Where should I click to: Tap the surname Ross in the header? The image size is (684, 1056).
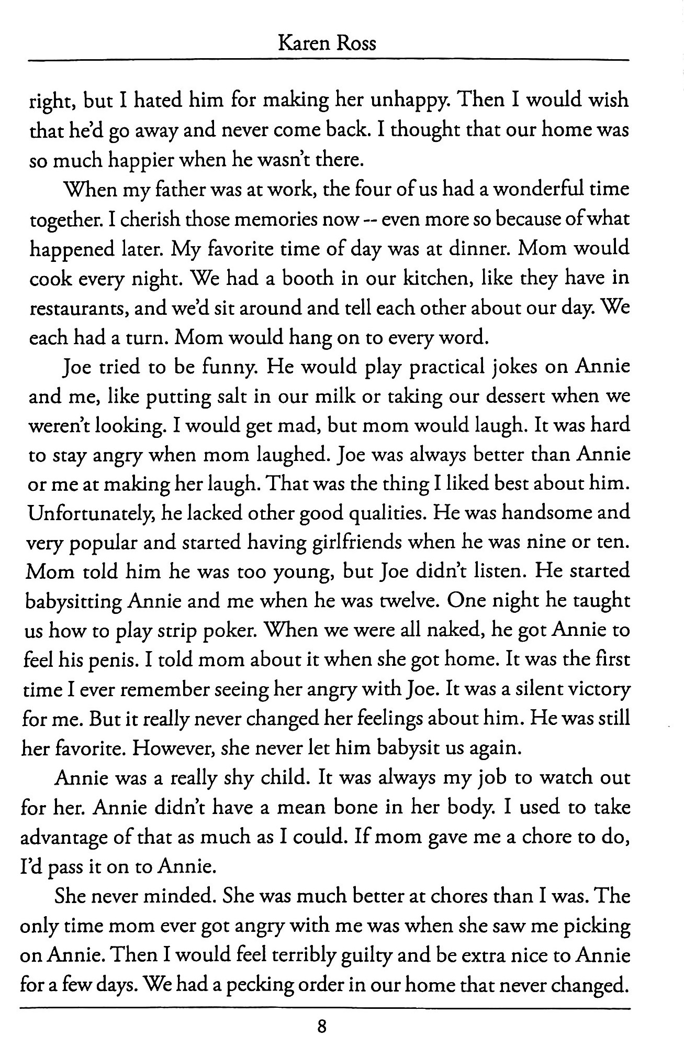click(x=356, y=42)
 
